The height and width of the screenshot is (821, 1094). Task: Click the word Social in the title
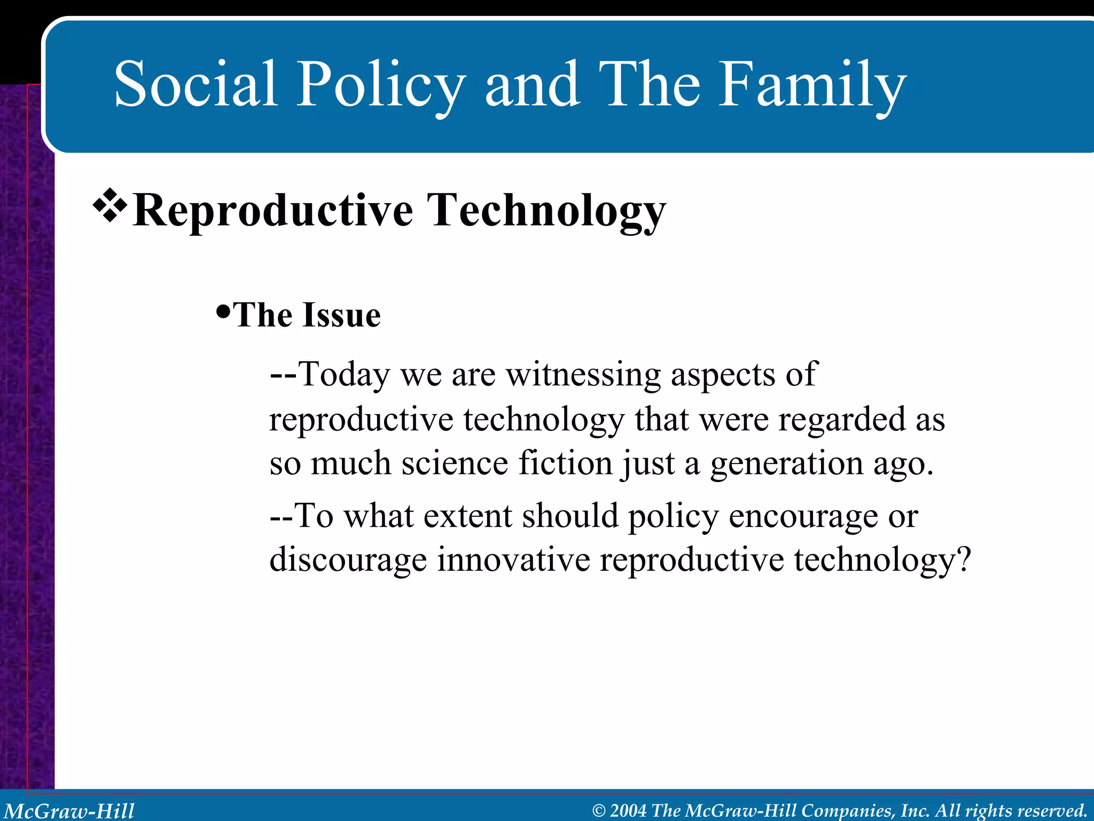tap(196, 84)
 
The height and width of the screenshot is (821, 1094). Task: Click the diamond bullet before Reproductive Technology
tap(110, 205)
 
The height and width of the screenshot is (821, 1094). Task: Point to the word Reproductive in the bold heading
tap(272, 211)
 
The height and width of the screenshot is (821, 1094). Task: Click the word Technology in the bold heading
tap(547, 211)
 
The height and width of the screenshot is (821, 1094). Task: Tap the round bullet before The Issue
tap(223, 311)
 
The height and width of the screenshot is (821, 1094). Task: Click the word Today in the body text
tap(345, 374)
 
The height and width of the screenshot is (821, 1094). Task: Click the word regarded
tap(842, 419)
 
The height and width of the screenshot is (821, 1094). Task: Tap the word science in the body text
tap(455, 463)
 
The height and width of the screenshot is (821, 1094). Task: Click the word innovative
tap(513, 560)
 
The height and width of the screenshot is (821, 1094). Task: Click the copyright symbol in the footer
tap(599, 811)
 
